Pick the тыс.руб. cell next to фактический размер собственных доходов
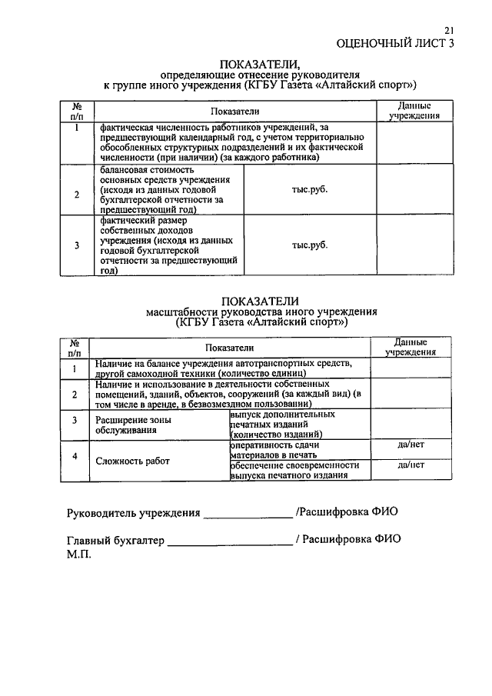(309, 245)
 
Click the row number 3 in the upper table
(76, 245)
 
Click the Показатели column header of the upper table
(235, 112)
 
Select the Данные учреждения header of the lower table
(411, 347)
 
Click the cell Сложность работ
(133, 461)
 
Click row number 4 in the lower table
(75, 457)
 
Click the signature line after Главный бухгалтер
(230, 541)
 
